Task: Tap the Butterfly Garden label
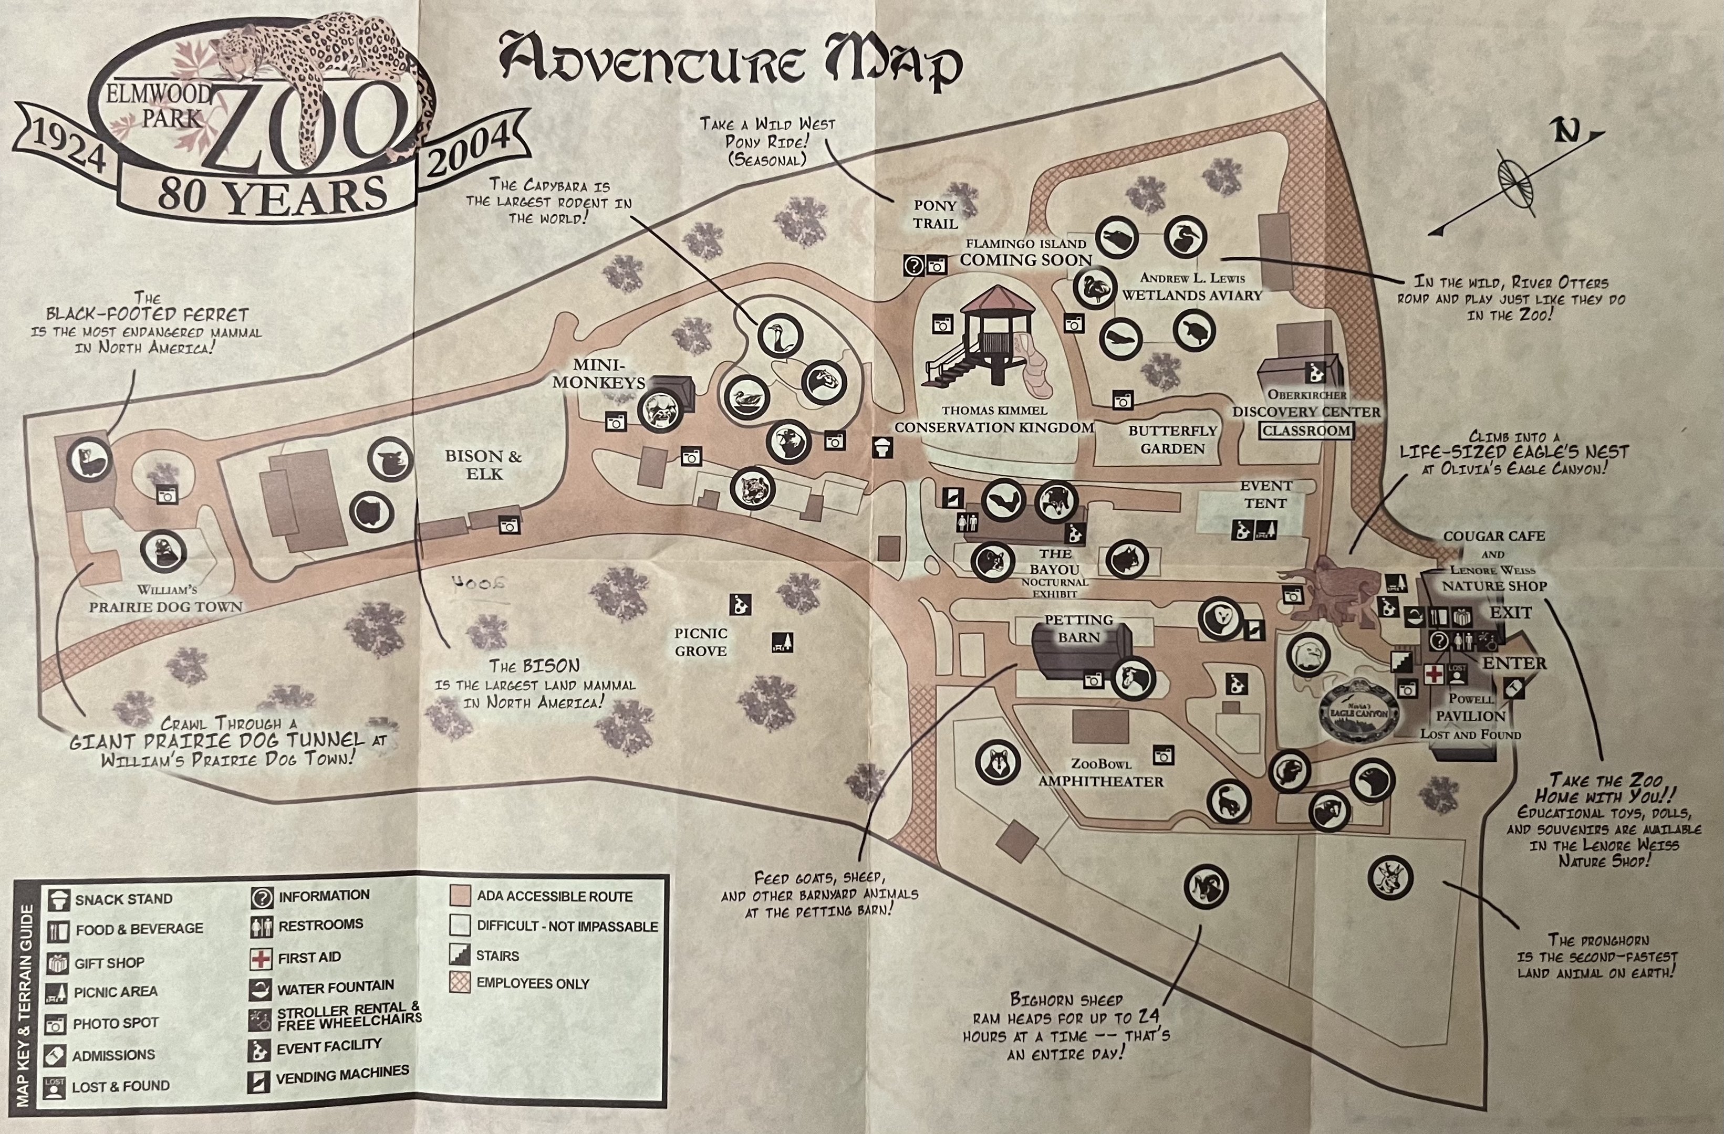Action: click(x=1172, y=439)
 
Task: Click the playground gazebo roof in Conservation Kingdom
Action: click(x=998, y=298)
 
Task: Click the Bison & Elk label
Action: click(x=483, y=465)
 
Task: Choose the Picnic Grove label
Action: click(x=700, y=642)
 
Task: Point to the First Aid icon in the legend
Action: click(x=261, y=959)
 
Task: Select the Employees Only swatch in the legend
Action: click(x=460, y=983)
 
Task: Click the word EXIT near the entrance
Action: click(x=1510, y=613)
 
